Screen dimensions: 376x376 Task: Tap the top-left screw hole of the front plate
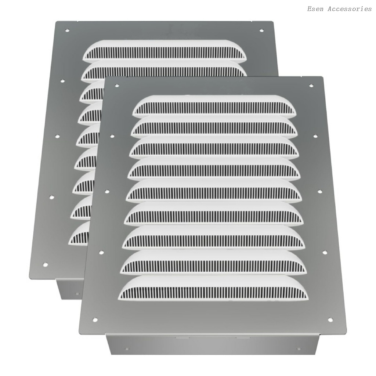pos(117,86)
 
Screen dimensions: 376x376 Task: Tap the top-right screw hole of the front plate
pos(311,86)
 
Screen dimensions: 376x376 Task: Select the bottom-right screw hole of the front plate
pos(330,319)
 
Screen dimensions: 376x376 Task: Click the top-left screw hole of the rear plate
pos(67,30)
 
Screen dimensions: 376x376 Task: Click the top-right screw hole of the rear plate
pos(261,30)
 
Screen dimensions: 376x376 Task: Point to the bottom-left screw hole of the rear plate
pos(45,264)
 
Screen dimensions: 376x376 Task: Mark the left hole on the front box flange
pos(127,349)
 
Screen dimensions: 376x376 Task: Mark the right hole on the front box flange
pos(298,349)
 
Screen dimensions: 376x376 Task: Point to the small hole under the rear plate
pos(77,293)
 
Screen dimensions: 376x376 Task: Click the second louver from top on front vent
pos(215,126)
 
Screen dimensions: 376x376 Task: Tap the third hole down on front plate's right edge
pos(319,192)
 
